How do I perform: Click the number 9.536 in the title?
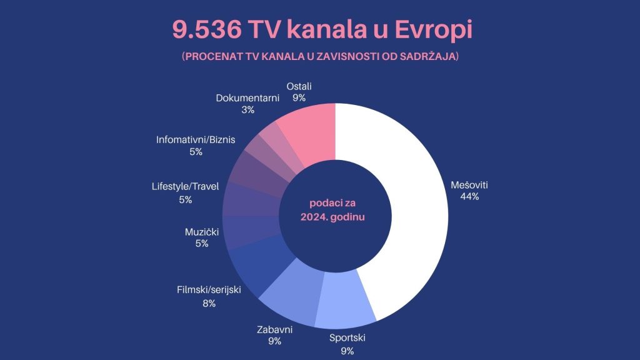[206, 29]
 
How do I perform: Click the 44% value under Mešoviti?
[469, 197]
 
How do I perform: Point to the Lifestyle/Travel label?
[185, 186]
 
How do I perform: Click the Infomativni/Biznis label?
[196, 140]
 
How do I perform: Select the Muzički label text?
[202, 232]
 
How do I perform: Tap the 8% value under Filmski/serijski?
[209, 304]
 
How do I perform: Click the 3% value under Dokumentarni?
[247, 110]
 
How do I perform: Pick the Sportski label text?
[347, 338]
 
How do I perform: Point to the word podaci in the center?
[323, 203]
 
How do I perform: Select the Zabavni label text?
[275, 330]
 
